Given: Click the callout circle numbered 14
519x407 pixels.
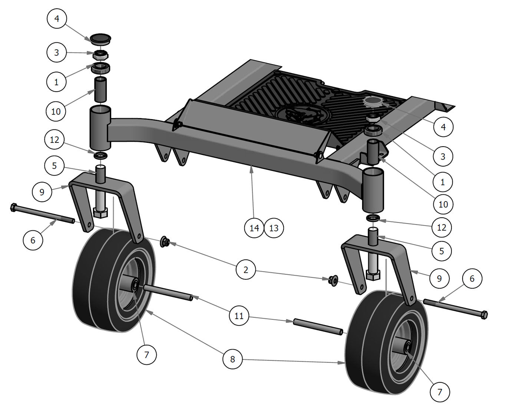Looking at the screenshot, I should pyautogui.click(x=254, y=227).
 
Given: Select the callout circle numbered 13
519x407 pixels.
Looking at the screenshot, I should pyautogui.click(x=274, y=227).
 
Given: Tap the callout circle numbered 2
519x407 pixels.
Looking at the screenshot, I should pyautogui.click(x=246, y=270).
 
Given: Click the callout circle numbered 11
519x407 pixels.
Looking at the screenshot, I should pyautogui.click(x=239, y=315).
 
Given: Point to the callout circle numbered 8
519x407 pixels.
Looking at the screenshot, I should pyautogui.click(x=232, y=359).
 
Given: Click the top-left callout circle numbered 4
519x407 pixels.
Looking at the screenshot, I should pyautogui.click(x=57, y=19).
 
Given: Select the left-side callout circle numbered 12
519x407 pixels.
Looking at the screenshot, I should pyautogui.click(x=54, y=140).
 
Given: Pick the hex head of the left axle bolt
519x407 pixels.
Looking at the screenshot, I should pyautogui.click(x=14, y=207).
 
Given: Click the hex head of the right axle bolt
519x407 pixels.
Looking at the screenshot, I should pyautogui.click(x=483, y=315).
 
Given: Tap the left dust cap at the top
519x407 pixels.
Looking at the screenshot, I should pyautogui.click(x=100, y=38).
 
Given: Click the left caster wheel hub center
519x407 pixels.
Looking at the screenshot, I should pyautogui.click(x=135, y=286).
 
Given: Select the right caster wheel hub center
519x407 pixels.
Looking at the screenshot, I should pyautogui.click(x=407, y=348).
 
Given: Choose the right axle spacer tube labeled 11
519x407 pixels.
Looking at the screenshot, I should pyautogui.click(x=318, y=326).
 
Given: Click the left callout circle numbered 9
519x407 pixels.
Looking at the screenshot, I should pyautogui.click(x=42, y=192).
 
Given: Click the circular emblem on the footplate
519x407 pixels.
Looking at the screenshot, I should pyautogui.click(x=300, y=114).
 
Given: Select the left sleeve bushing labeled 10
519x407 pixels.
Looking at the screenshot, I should pyautogui.click(x=100, y=89).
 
